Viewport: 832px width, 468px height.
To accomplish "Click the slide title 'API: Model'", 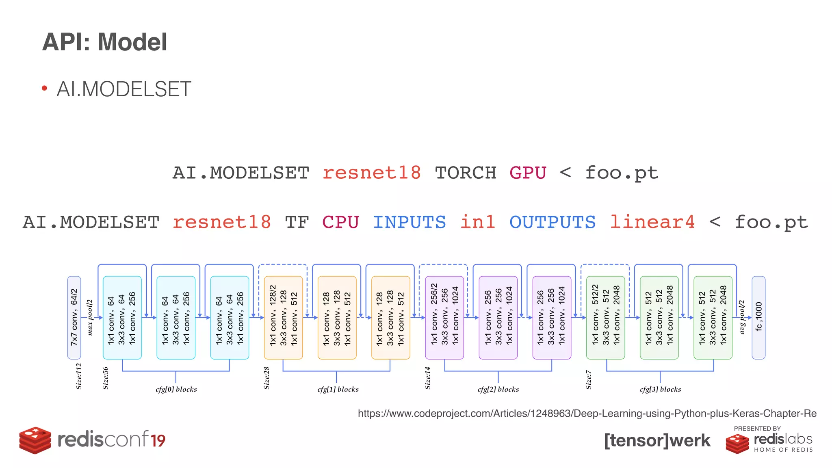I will (x=104, y=42).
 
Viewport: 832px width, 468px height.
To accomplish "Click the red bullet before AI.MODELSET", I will (x=45, y=89).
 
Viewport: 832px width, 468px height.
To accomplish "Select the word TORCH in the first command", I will (x=466, y=173).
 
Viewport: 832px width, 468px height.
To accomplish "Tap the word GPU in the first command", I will (x=528, y=173).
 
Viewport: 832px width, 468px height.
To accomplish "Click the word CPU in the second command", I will (x=340, y=222).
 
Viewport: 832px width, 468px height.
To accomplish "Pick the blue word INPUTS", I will (x=409, y=222).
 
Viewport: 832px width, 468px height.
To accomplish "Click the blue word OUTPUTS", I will (x=552, y=222).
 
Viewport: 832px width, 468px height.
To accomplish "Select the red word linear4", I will (x=652, y=222).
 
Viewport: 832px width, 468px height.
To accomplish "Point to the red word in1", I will (x=477, y=222).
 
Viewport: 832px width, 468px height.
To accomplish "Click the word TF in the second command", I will (x=297, y=222).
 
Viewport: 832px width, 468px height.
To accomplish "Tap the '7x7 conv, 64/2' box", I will (x=74, y=318).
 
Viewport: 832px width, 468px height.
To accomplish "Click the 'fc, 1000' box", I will (x=758, y=318).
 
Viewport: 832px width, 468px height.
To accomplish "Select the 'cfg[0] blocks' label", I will (x=176, y=389).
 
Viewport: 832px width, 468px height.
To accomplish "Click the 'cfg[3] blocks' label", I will (x=660, y=389).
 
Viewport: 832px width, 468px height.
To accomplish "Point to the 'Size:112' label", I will (x=79, y=376).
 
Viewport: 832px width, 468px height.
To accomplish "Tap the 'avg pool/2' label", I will (x=742, y=317).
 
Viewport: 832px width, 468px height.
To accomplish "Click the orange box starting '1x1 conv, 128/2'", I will (x=283, y=318).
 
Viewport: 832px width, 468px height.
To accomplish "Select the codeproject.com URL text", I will (x=587, y=414).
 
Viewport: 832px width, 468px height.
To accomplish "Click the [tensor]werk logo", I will (x=657, y=440).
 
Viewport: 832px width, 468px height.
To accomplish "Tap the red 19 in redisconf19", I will (x=158, y=441).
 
